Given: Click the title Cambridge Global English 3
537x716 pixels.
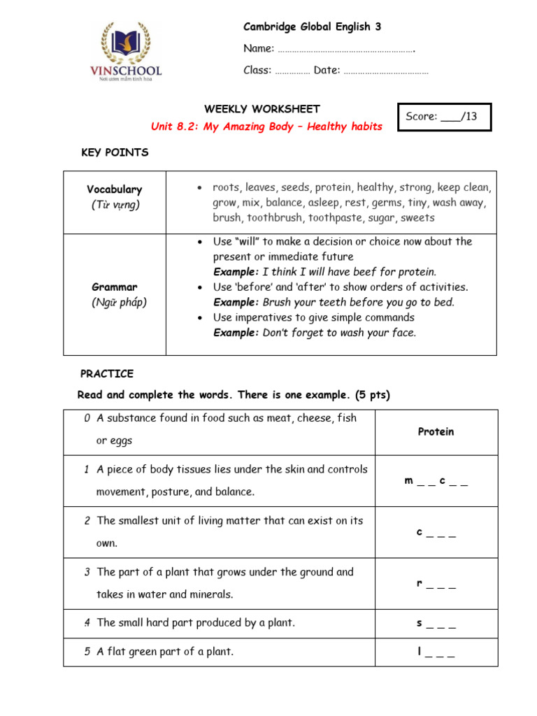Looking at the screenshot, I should click(x=312, y=27).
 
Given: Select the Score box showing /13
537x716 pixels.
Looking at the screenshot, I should click(x=443, y=117).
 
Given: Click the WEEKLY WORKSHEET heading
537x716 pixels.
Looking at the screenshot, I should click(x=262, y=109).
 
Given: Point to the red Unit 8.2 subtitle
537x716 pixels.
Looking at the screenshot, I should click(x=266, y=127).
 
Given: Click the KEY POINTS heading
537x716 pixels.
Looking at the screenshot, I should click(x=115, y=152).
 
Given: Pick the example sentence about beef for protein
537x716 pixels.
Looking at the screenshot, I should click(x=324, y=272).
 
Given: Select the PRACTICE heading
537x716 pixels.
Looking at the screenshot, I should click(x=106, y=373).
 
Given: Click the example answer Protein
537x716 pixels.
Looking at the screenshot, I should click(x=436, y=432).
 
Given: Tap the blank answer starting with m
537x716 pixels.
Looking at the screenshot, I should click(x=436, y=481).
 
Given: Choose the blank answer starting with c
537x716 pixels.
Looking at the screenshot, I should click(x=436, y=533).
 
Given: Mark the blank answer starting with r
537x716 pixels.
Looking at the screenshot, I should click(x=436, y=584).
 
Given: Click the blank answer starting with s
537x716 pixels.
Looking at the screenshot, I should click(x=436, y=623).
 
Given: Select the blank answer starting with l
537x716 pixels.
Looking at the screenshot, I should click(x=436, y=652).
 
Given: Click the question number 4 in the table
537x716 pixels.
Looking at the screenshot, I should click(x=87, y=622).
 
